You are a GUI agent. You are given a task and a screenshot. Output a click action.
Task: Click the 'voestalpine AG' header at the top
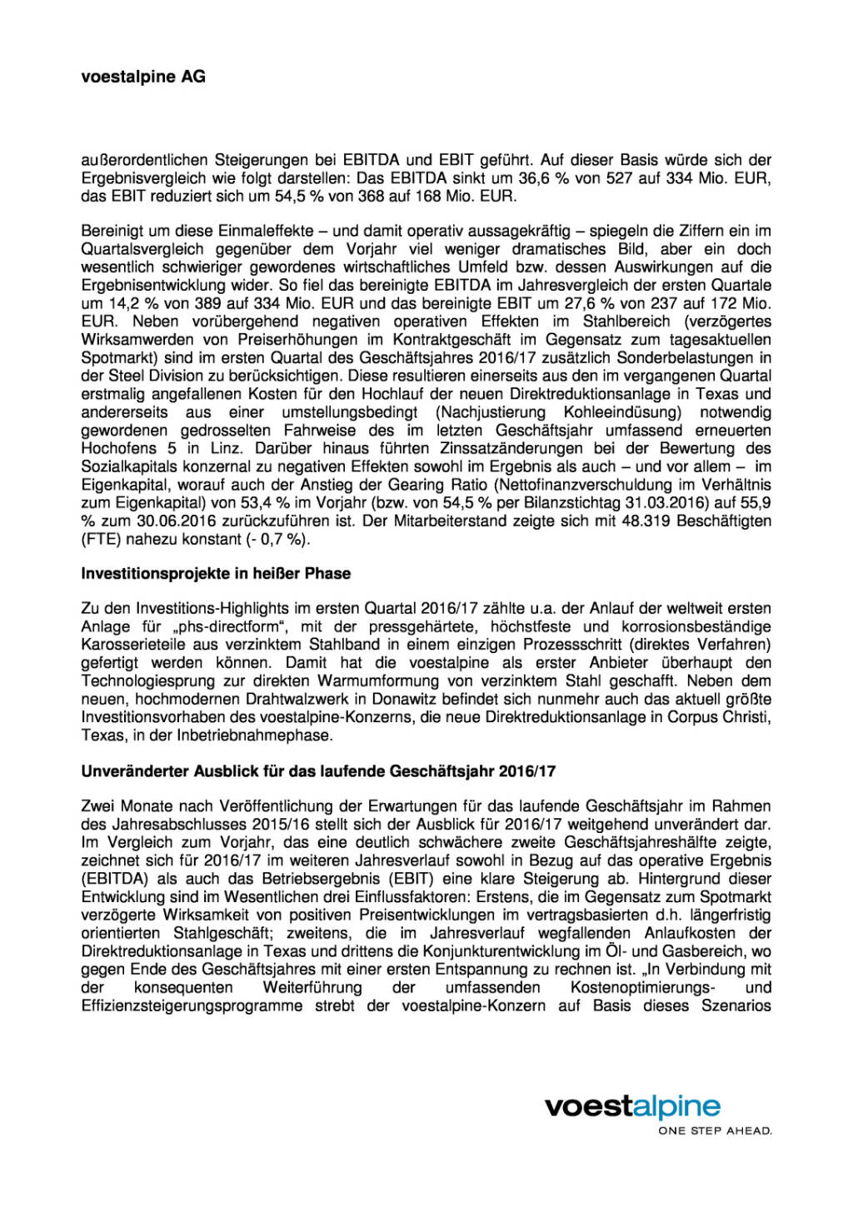[143, 77]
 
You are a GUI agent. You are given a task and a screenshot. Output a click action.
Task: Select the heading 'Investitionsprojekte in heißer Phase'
[216, 573]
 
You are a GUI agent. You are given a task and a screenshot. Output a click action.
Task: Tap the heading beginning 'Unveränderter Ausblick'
[318, 771]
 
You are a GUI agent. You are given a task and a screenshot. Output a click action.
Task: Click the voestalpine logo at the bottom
[632, 1106]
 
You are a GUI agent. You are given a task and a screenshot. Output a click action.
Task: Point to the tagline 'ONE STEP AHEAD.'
[715, 1131]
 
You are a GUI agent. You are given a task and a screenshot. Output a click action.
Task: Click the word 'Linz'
[227, 448]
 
